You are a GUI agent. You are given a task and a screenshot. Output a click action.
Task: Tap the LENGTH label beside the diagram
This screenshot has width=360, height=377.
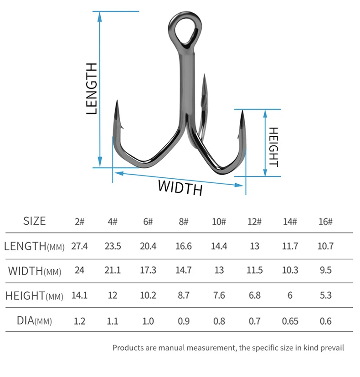[92, 88]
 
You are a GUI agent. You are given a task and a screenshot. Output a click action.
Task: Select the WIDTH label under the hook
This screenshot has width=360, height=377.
[180, 188]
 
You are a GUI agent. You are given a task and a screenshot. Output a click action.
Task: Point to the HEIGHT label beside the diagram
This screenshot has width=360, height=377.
[273, 147]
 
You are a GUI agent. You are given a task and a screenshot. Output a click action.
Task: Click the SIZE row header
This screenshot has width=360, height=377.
[34, 221]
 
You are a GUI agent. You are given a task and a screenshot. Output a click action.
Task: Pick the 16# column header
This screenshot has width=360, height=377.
[325, 222]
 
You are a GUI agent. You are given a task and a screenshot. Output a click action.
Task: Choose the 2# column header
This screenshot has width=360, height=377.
[80, 222]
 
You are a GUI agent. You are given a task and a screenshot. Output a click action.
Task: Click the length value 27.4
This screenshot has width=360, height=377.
[80, 246]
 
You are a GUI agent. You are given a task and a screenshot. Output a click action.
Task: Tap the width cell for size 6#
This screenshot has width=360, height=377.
[148, 270]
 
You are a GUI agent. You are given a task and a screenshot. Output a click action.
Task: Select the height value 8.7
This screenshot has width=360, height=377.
[184, 295]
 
